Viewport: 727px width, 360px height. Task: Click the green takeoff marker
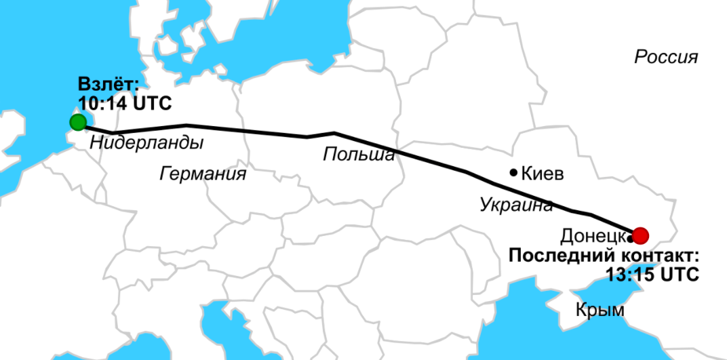(x=78, y=122)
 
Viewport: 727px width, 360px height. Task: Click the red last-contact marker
(x=640, y=235)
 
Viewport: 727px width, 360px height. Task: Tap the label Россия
(x=666, y=57)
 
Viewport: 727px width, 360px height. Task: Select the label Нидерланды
(x=146, y=143)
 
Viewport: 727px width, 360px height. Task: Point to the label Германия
(x=203, y=174)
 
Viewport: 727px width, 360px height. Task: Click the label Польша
(x=358, y=155)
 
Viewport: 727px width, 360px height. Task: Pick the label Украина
(x=516, y=204)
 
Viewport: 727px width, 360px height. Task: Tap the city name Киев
(x=543, y=174)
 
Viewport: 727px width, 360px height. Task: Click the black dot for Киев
(x=514, y=173)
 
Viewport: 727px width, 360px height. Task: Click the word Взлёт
(x=108, y=85)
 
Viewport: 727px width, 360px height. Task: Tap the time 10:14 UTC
(x=125, y=104)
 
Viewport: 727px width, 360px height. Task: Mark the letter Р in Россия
(x=640, y=57)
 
